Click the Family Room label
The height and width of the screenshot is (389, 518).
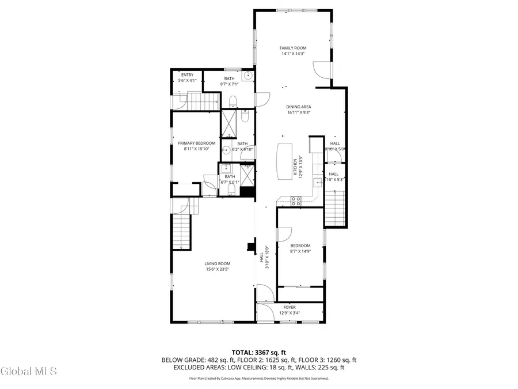click(x=292, y=48)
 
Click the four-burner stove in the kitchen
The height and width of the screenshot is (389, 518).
click(x=296, y=201)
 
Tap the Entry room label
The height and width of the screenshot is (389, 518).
click(x=187, y=75)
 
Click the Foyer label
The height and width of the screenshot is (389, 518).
click(x=289, y=308)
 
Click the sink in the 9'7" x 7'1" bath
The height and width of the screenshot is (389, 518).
click(x=247, y=76)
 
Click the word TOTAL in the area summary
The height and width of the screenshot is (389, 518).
click(x=242, y=352)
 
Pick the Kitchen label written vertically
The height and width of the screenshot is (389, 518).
click(x=295, y=168)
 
